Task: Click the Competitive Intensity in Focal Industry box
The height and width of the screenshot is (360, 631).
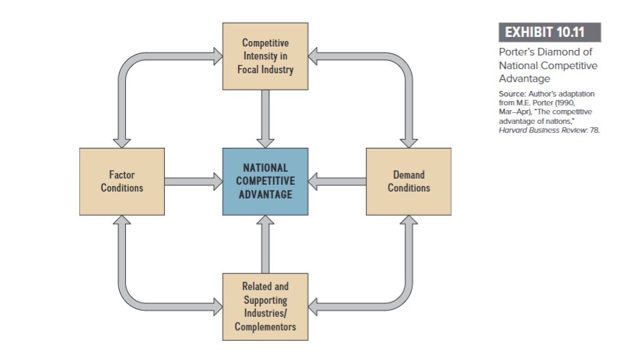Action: [265, 56]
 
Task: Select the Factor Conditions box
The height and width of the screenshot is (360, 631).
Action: [122, 181]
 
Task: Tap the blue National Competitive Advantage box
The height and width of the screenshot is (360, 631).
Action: [265, 181]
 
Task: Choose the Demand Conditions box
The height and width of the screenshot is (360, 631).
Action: [409, 181]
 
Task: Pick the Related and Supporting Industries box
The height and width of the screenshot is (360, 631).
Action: [265, 306]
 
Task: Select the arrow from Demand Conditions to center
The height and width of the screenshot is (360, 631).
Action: [337, 181]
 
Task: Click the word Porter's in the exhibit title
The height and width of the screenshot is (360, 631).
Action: [519, 52]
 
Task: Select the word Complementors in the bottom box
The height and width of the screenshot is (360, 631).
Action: [265, 326]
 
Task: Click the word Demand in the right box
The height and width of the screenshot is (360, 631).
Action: [409, 175]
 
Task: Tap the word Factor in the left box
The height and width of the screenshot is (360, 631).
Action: [122, 175]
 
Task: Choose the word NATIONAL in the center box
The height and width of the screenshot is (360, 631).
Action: [265, 168]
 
